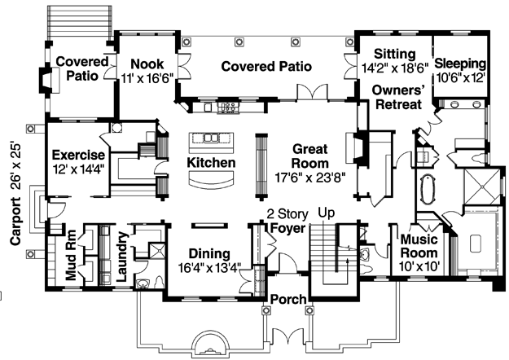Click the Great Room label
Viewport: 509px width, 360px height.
(x=310, y=156)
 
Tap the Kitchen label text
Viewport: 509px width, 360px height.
(x=211, y=162)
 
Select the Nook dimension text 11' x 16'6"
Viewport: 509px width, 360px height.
(x=147, y=78)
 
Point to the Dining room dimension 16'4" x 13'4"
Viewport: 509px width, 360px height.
(x=209, y=268)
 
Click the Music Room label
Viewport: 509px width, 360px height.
(x=419, y=246)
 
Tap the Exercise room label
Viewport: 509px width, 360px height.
(x=78, y=155)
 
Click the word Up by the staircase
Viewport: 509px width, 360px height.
(x=326, y=213)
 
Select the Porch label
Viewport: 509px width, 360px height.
(x=288, y=299)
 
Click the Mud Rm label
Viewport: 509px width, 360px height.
(x=71, y=255)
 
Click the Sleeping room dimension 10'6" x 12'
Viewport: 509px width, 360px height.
(x=460, y=78)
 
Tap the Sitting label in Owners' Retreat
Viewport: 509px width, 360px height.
(x=394, y=54)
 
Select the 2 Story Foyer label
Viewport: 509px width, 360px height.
(x=287, y=221)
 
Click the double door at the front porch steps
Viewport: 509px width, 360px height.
(x=288, y=336)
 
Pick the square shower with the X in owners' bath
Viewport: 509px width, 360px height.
(x=483, y=187)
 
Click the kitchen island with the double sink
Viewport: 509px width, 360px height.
(x=212, y=143)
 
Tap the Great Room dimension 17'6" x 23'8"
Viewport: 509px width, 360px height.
(x=310, y=178)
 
